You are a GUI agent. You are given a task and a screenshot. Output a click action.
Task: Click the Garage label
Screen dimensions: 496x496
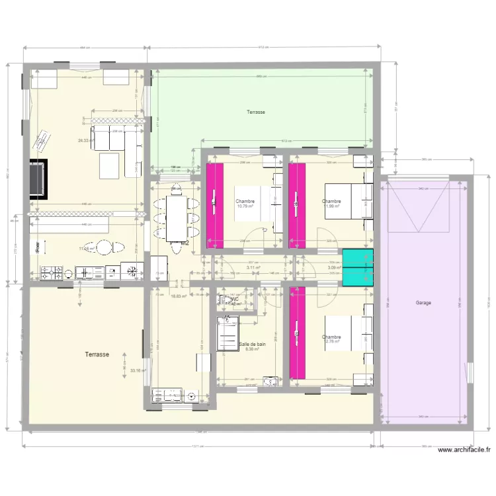[423, 303]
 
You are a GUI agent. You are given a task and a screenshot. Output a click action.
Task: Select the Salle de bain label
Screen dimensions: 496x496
[252, 345]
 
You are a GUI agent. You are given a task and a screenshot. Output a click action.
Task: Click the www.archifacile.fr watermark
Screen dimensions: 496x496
[464, 450]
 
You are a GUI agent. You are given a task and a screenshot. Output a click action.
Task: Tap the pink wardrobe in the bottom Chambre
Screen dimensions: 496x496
[296, 333]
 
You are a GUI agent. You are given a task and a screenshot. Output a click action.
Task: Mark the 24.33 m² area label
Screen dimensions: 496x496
[84, 140]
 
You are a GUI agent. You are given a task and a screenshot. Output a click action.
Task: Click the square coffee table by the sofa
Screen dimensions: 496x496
[110, 165]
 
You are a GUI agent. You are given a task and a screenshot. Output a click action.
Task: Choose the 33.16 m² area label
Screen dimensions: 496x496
[138, 371]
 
